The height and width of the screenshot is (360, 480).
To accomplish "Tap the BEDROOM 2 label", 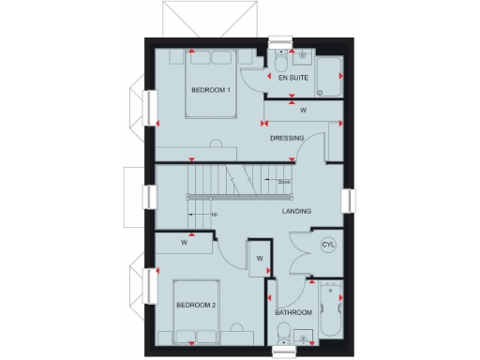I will [x=197, y=307].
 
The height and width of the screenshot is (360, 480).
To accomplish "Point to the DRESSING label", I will [x=287, y=139].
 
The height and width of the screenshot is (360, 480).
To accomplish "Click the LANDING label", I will [x=297, y=211].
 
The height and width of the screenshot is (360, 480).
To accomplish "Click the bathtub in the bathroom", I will [x=328, y=311].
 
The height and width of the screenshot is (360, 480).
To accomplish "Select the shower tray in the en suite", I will [x=329, y=77].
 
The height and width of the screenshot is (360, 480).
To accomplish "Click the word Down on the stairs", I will [x=284, y=181].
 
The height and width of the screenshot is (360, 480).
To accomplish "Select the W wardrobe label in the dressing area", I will [x=303, y=111].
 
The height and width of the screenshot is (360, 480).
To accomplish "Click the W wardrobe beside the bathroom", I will [x=259, y=259].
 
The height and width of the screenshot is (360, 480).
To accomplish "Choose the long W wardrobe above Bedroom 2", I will [x=185, y=244].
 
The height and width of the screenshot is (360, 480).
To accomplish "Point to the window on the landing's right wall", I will [x=349, y=201].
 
